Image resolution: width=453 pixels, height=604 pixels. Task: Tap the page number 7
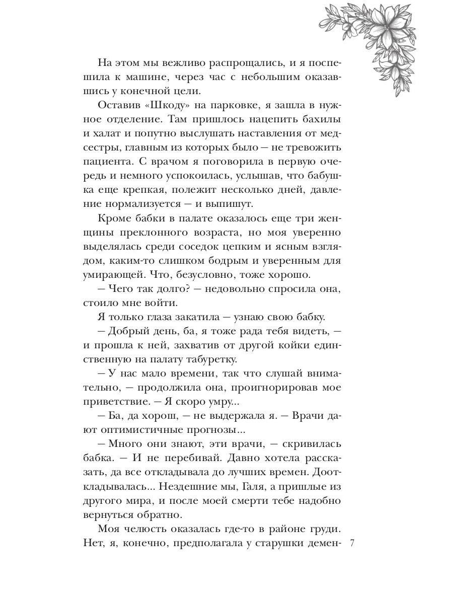coord(352,543)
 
